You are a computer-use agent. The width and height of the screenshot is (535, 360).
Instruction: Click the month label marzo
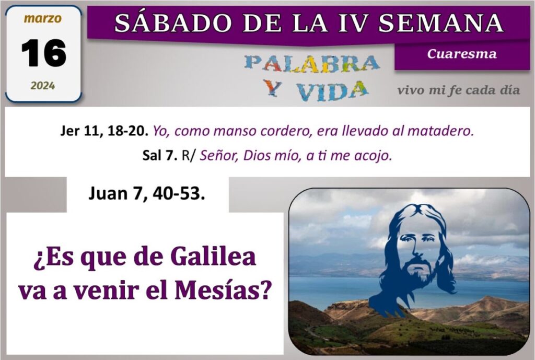(43, 18)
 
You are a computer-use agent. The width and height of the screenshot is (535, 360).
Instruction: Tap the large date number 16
(44, 53)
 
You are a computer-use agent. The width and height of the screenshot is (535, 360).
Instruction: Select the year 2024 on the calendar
(43, 86)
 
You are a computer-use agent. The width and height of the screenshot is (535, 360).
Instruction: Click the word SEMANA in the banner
(441, 23)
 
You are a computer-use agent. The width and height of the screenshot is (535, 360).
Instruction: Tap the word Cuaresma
(462, 54)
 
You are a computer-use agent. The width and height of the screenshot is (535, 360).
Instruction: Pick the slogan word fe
(455, 90)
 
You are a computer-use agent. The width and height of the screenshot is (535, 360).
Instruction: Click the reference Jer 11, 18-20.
(104, 131)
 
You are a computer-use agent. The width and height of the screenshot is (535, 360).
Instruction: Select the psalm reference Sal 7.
(160, 156)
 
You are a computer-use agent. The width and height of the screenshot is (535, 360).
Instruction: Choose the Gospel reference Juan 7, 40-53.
(147, 194)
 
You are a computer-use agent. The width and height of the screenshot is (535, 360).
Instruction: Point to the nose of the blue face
(416, 249)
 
